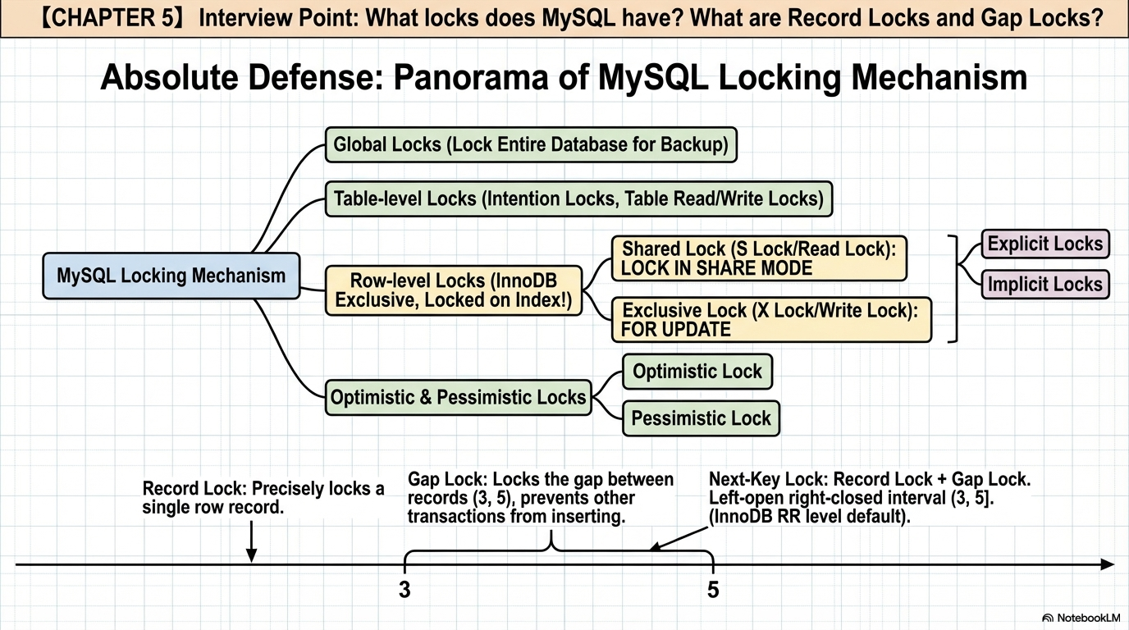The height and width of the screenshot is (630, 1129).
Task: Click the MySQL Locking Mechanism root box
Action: tap(171, 276)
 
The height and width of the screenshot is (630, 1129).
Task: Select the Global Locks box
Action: tap(531, 144)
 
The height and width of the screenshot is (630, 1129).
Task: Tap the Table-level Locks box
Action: tap(578, 199)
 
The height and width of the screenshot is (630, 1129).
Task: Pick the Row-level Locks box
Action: tap(454, 290)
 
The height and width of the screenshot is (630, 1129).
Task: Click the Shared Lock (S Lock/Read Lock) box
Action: tap(759, 258)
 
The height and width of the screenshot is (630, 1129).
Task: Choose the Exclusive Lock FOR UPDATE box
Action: tap(771, 320)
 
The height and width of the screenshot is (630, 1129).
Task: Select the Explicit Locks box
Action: tap(1045, 244)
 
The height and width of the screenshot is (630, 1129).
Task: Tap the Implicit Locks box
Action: tap(1045, 285)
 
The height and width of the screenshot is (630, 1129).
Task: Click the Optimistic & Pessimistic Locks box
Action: tap(458, 398)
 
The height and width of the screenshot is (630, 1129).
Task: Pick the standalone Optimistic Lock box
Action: tap(697, 372)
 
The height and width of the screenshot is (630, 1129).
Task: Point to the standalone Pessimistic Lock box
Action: tap(701, 418)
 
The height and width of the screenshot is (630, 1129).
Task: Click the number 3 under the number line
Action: tap(405, 590)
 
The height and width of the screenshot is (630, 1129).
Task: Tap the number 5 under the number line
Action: tap(713, 590)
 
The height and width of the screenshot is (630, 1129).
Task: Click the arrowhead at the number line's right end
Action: tap(1108, 564)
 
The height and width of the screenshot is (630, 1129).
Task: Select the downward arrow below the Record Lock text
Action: tap(251, 541)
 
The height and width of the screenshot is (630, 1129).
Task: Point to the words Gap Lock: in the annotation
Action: tap(447, 479)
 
